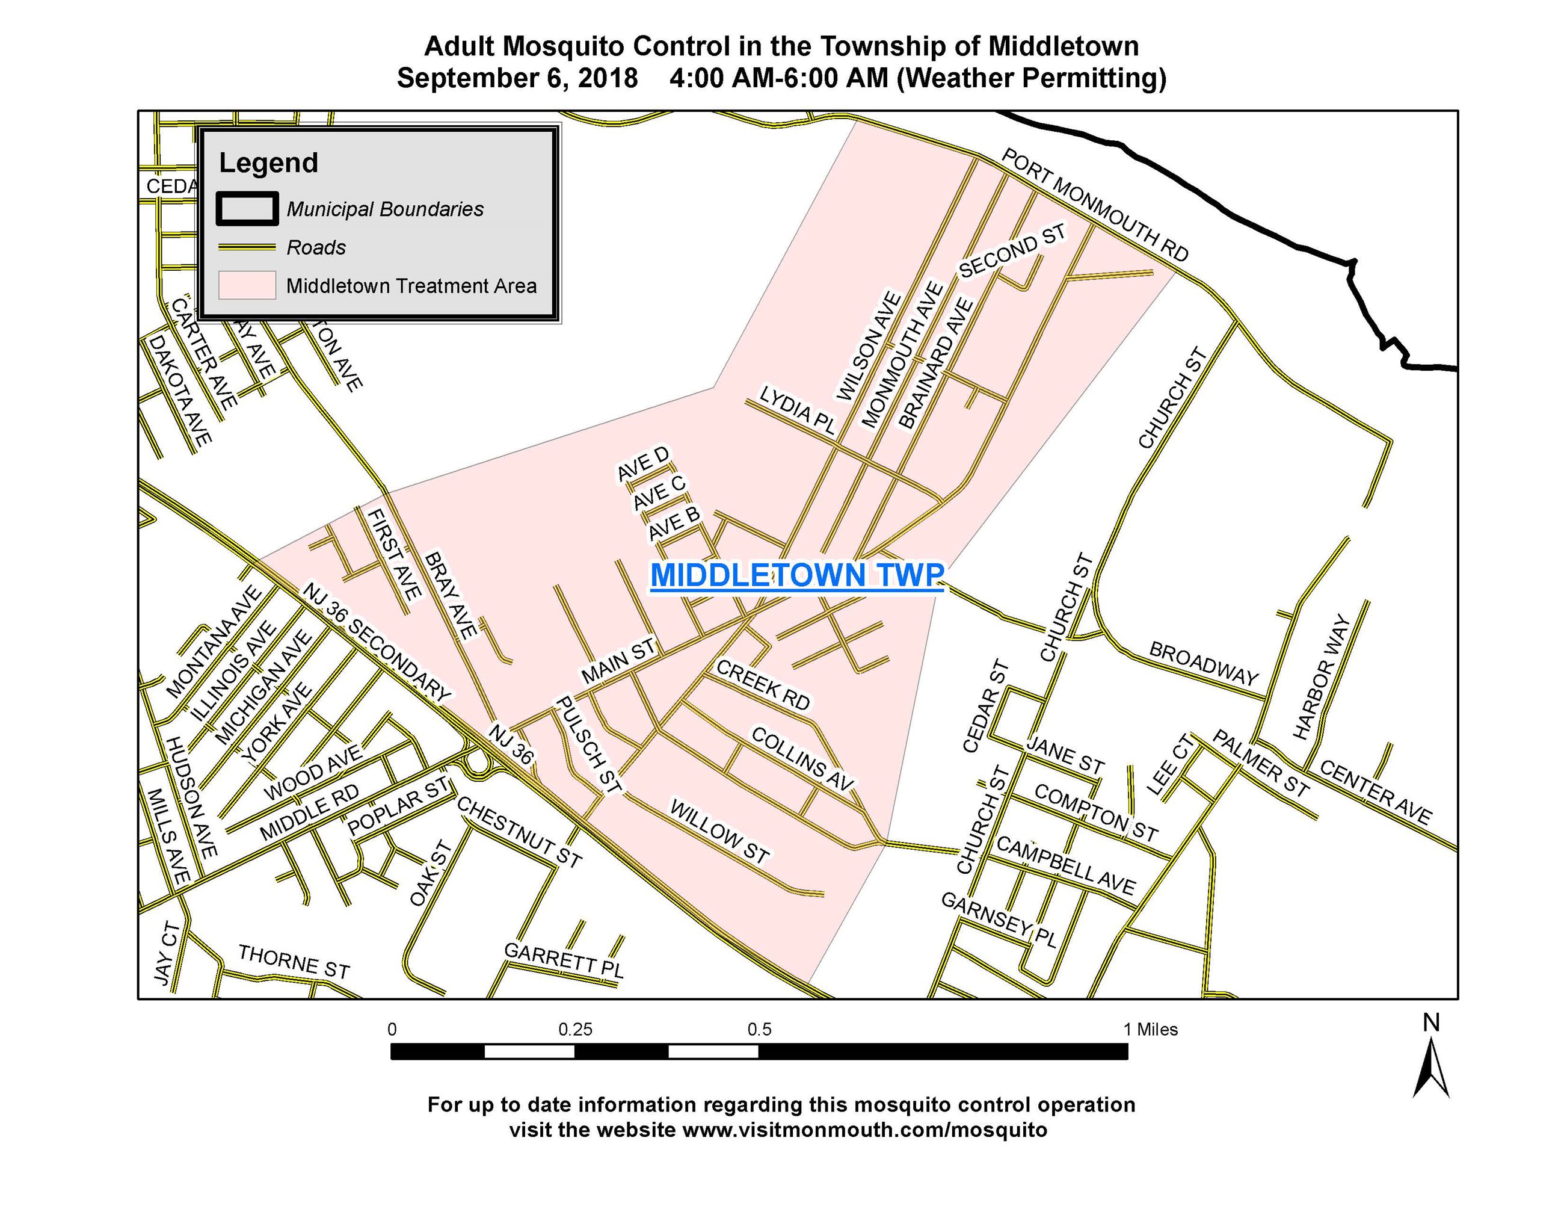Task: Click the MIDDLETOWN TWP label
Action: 796,575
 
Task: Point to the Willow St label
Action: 719,832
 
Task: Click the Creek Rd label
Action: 763,685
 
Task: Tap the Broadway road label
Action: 1203,663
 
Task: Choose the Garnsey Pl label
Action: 999,920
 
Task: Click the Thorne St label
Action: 294,961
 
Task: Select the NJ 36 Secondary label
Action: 376,642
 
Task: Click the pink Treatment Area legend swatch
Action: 247,285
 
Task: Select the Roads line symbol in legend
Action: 247,247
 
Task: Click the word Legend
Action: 268,162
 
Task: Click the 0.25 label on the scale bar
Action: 575,1030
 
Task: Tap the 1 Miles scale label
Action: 1150,1030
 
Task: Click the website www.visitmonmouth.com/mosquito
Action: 864,1130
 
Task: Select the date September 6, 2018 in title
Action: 517,78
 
